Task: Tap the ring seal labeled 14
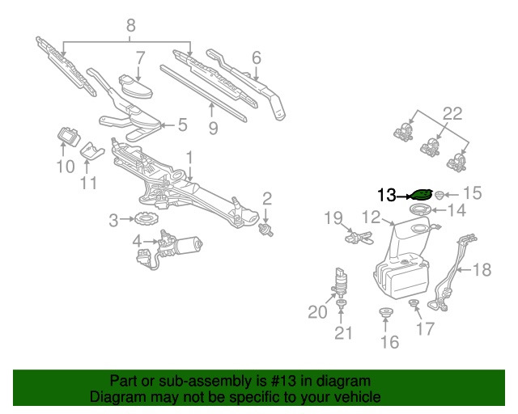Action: pos(420,211)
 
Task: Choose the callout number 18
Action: pos(482,270)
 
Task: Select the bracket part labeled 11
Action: pos(92,150)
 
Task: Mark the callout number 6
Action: pos(257,57)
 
